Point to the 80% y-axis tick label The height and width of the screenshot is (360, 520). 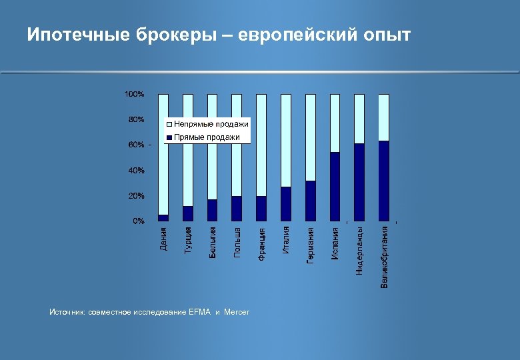[135, 120]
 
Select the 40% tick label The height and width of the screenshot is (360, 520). [135, 171]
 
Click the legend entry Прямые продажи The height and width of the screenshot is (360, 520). [207, 137]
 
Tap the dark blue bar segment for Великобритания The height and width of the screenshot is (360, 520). [384, 181]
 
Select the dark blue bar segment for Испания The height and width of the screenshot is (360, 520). [335, 187]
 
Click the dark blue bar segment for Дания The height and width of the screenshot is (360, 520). [163, 217]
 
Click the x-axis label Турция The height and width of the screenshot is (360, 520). [189, 239]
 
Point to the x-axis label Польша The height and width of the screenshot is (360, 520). [237, 242]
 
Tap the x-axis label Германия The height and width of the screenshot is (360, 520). [311, 245]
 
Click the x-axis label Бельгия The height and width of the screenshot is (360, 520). [213, 243]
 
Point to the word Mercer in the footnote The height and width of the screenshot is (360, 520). [237, 312]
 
